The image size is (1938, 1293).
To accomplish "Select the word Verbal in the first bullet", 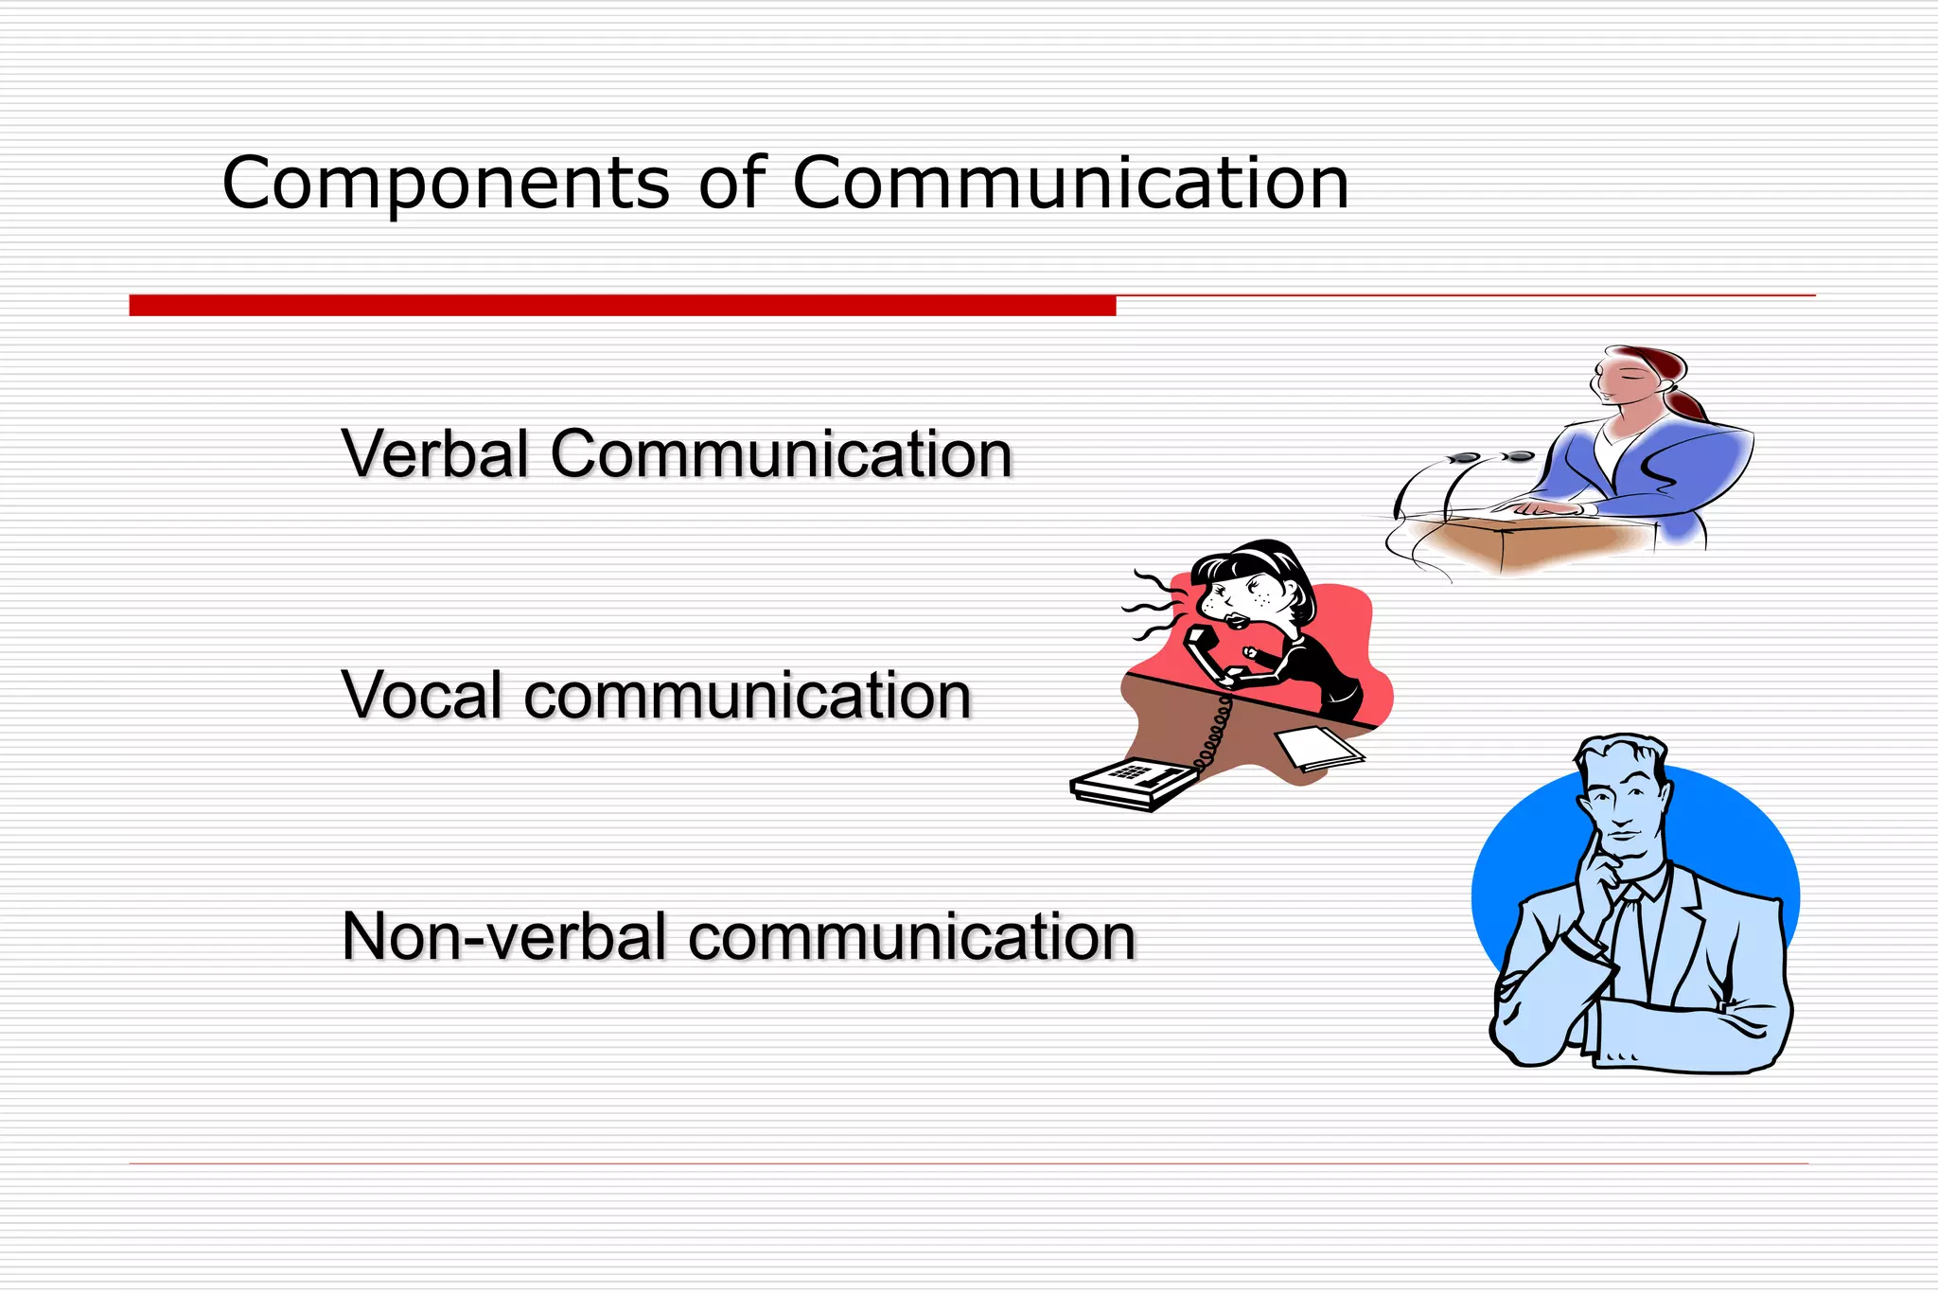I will click(x=435, y=453).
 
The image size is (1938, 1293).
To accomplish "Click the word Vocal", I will click(x=422, y=696).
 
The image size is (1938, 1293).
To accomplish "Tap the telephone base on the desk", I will click(x=1131, y=785).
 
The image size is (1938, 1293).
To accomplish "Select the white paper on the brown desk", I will click(x=1319, y=748).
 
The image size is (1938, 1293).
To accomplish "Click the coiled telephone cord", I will click(x=1212, y=734).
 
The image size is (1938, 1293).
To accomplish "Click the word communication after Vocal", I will click(x=748, y=696).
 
